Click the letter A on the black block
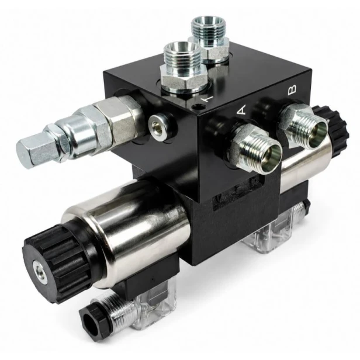tap(241, 110)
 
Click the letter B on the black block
tap(292, 89)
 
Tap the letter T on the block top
tap(207, 99)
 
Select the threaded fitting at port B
tap(303, 126)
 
